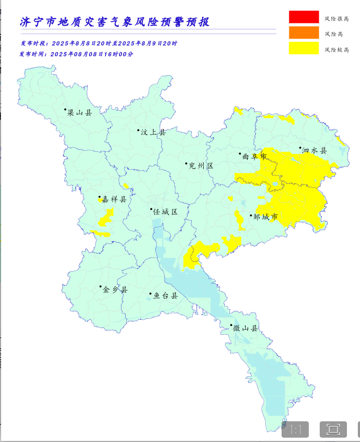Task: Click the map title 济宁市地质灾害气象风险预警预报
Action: tap(114, 22)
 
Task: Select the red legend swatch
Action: tap(303, 17)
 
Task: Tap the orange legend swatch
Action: tap(303, 33)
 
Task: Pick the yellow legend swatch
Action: tap(303, 48)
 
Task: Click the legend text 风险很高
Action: tap(337, 19)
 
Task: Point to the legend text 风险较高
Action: tap(337, 50)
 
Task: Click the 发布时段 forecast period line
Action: tap(99, 43)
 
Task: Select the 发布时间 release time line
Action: tap(77, 54)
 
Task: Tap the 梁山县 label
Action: tap(80, 113)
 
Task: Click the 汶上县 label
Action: tap(152, 132)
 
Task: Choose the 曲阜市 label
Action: tap(254, 156)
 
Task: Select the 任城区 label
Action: tap(166, 211)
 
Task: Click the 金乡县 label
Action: tap(115, 290)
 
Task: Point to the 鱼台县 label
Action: tap(165, 296)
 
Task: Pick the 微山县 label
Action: tap(245, 328)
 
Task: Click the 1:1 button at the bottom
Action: tap(295, 429)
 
